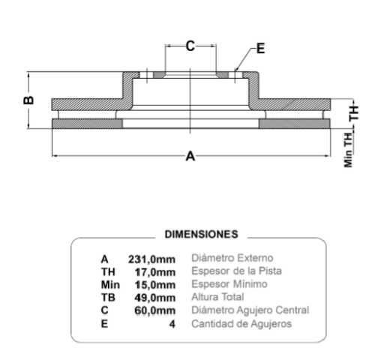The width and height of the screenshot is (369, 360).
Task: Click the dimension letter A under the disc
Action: point(190,157)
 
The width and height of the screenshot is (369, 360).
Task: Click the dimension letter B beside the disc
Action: point(27,100)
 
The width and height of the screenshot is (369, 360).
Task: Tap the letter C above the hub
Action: point(190,46)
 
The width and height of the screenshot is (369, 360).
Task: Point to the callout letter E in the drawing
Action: point(260,49)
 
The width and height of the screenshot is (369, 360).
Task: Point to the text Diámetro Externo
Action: point(232,258)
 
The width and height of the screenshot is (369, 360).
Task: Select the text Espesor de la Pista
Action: point(237,271)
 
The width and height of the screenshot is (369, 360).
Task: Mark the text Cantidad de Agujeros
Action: point(241,324)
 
